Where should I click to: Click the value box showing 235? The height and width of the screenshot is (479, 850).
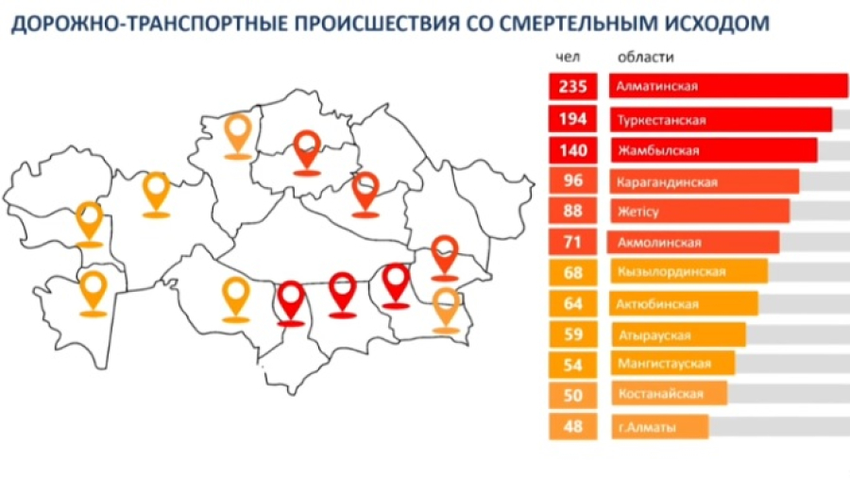pos(572,87)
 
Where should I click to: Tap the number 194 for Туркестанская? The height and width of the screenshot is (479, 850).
pos(572,119)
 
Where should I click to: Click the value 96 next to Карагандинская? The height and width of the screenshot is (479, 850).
pos(572,181)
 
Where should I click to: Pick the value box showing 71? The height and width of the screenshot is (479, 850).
pos(572,243)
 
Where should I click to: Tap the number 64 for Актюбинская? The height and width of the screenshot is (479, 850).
pos(572,304)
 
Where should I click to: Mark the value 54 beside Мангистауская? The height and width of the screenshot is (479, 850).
pos(572,365)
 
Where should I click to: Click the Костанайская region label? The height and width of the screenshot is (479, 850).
pos(660,395)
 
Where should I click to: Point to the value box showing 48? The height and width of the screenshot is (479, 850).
pos(572,426)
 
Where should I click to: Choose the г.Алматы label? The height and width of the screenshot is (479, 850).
pos(647,427)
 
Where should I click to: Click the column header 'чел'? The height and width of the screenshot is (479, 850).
pos(568,57)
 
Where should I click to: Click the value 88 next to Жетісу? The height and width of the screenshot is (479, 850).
pos(572,212)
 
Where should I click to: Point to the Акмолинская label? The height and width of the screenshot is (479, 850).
pos(658,243)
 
